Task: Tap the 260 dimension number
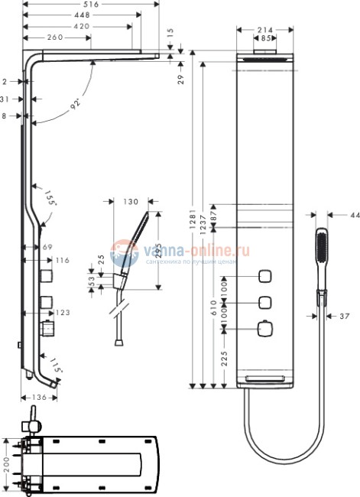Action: [55, 36]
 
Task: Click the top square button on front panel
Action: [264, 275]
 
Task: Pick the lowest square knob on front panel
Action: [264, 329]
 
